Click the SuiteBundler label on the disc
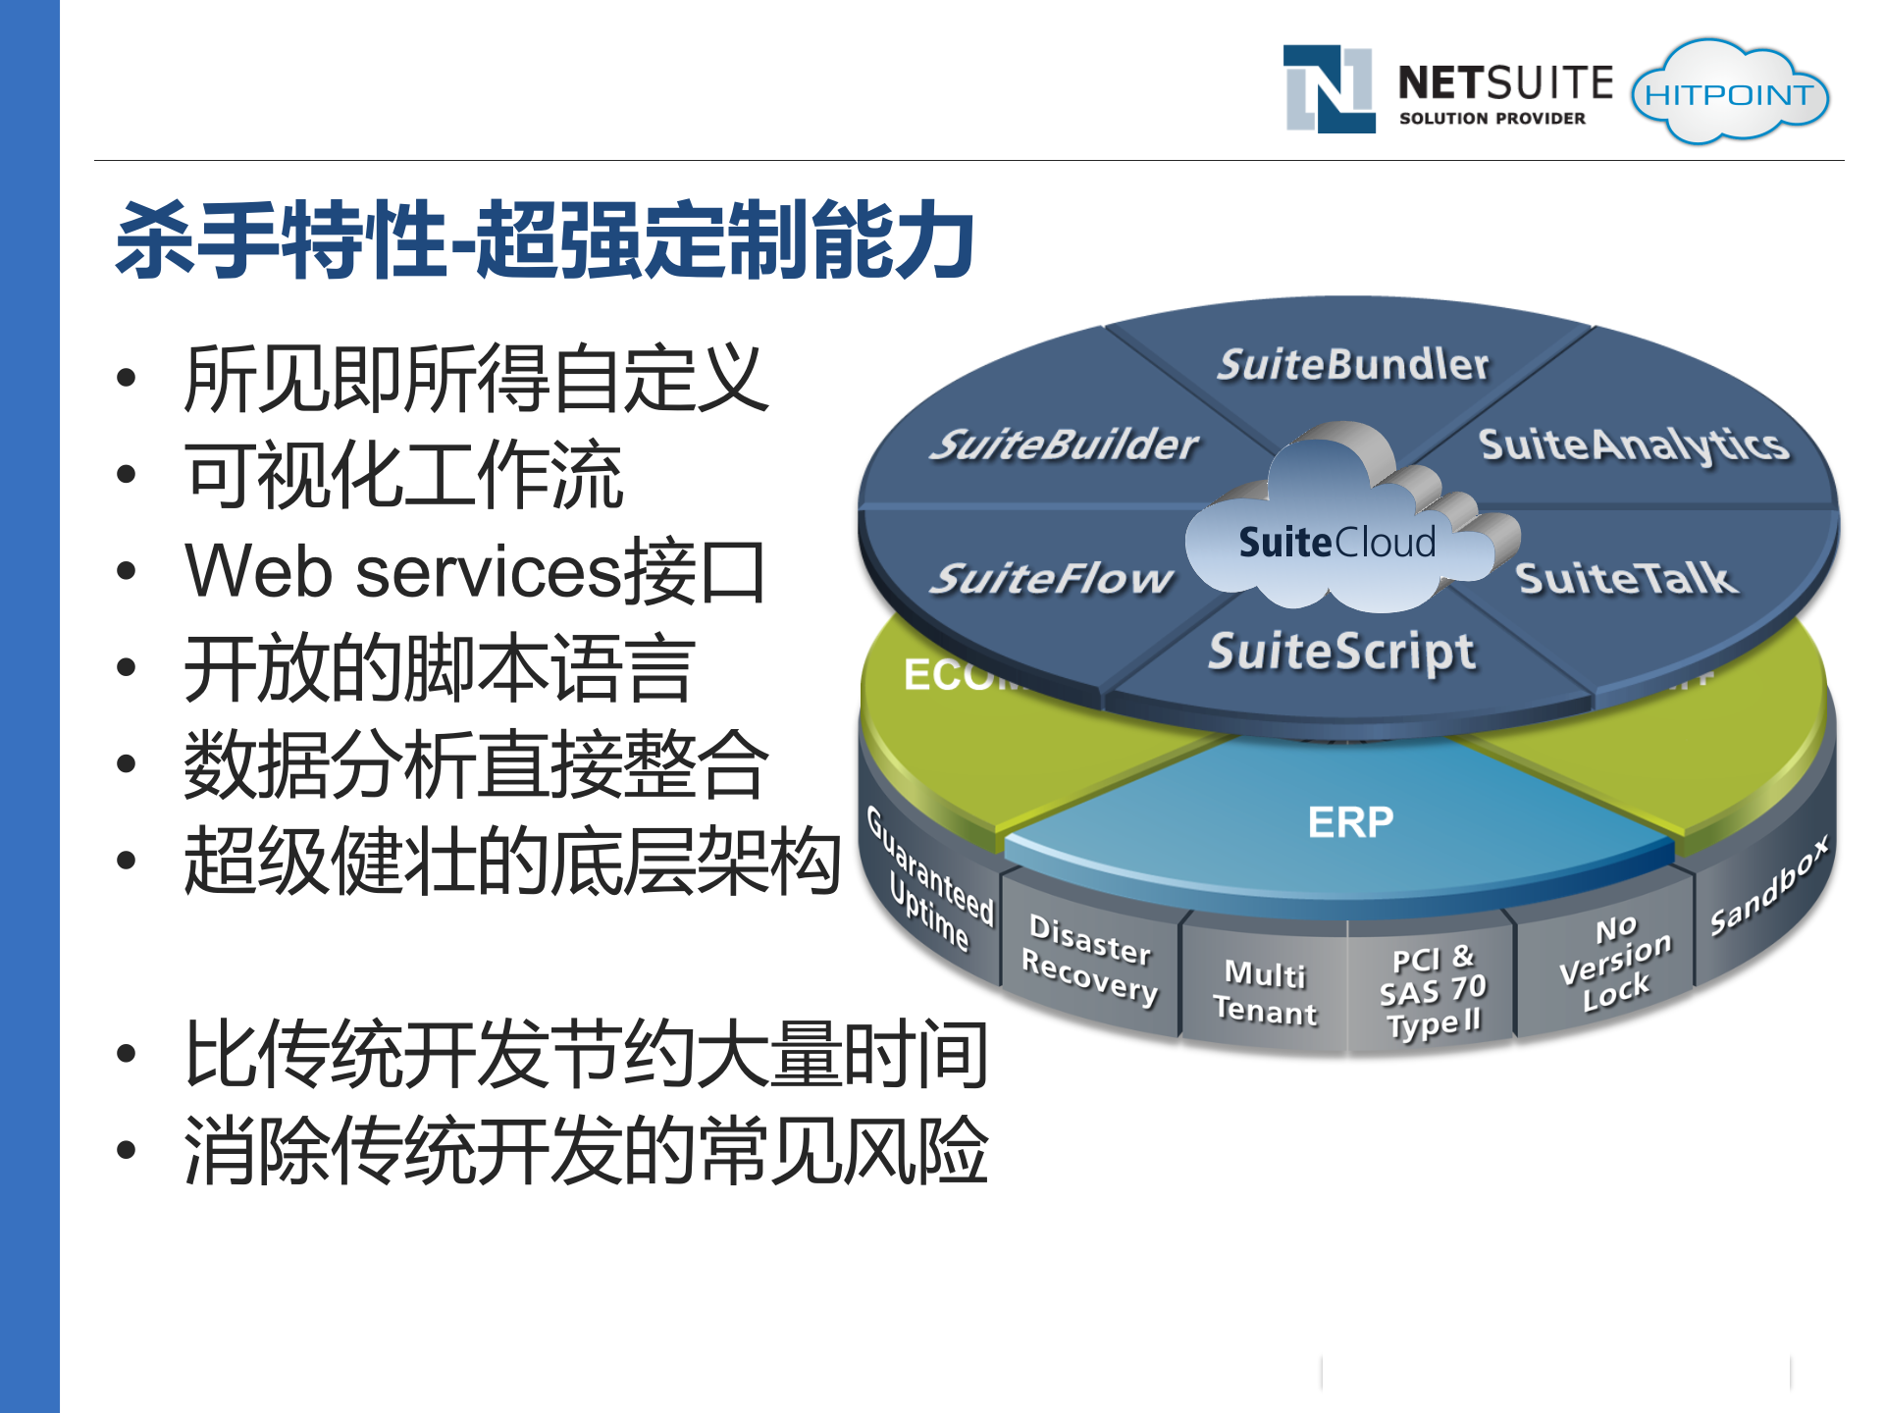[1352, 365]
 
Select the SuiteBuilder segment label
[1064, 445]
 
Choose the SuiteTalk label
[1627, 579]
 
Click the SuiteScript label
[1341, 653]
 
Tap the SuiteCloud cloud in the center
[1336, 543]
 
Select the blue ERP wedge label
[1350, 822]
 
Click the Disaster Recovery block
[1089, 961]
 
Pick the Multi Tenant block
[1265, 993]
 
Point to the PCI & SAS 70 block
[1433, 991]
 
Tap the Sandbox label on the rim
[1768, 886]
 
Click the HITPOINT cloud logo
[1729, 94]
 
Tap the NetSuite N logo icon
[1330, 88]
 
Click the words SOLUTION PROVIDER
[1491, 119]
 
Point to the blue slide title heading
[546, 240]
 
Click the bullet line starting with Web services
[475, 571]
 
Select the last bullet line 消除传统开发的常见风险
[586, 1150]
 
